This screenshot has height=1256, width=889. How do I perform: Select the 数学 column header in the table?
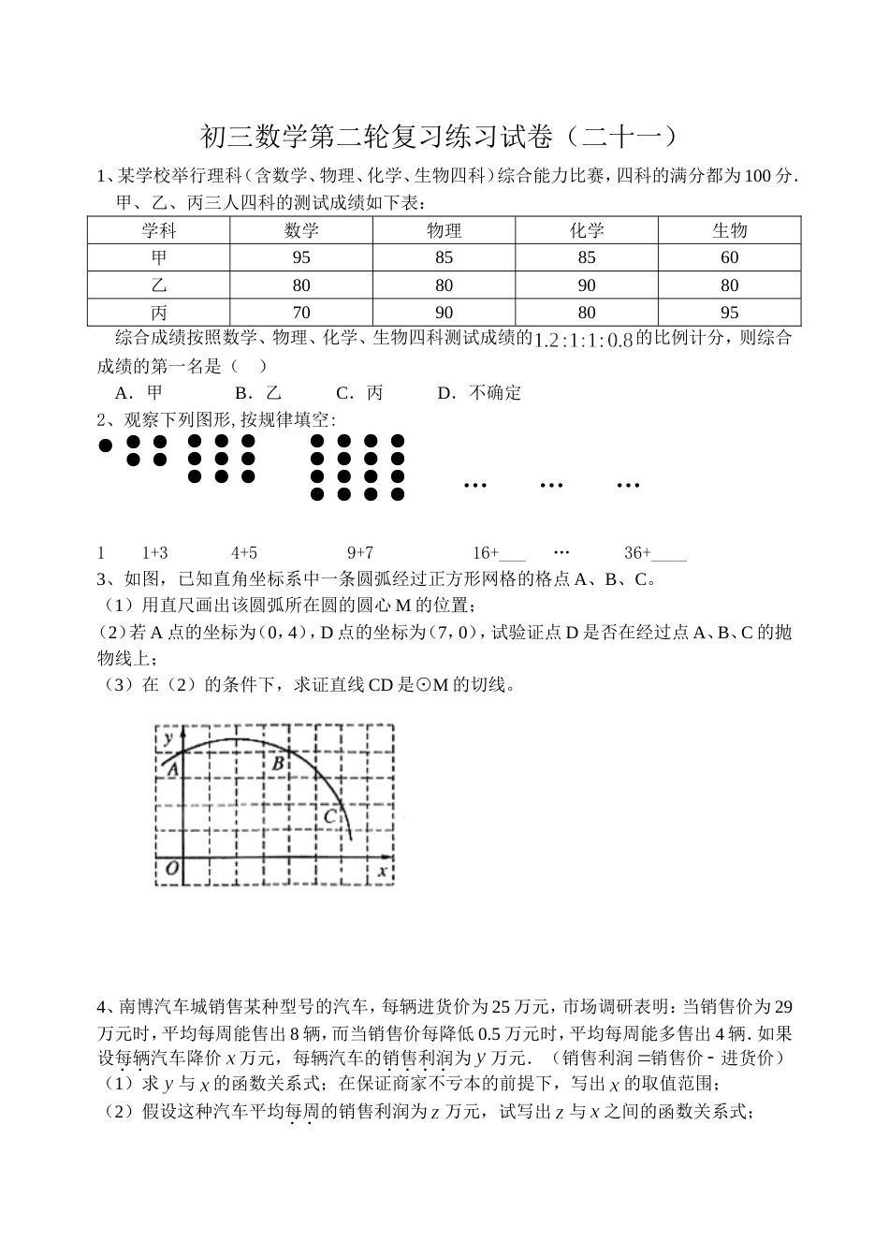coord(301,230)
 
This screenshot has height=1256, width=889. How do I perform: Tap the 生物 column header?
coord(729,230)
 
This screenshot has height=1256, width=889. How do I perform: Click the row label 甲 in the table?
coord(159,257)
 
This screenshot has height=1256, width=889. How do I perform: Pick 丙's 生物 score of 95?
coord(729,313)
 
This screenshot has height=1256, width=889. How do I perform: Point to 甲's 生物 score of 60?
coord(729,257)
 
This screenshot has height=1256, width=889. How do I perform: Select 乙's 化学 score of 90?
coord(587,285)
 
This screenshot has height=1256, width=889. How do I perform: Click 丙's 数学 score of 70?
coord(301,313)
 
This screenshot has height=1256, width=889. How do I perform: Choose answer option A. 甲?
coord(138,393)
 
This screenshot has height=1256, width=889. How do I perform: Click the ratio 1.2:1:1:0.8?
coord(583,340)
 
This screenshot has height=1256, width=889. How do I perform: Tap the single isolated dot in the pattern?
coord(105,445)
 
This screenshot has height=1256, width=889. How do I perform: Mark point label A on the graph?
coord(170,767)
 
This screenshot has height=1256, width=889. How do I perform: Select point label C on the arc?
coord(328,816)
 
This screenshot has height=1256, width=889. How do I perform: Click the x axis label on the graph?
coord(382,871)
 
